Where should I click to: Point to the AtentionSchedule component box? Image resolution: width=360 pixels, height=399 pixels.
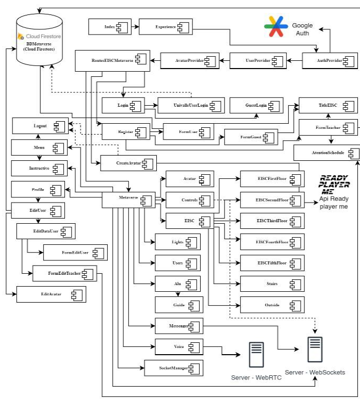click(x=327, y=153)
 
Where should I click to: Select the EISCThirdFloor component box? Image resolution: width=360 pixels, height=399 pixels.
click(x=272, y=221)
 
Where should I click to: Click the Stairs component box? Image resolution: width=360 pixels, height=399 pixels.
click(x=272, y=284)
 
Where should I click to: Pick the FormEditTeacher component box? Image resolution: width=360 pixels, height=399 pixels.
click(x=65, y=273)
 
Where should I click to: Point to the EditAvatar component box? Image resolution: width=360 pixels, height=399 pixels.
click(x=51, y=294)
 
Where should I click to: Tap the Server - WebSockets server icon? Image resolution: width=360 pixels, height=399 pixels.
click(x=315, y=351)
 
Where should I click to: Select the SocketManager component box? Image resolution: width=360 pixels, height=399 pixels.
click(x=174, y=368)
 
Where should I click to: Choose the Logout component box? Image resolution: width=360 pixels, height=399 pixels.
click(x=40, y=125)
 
